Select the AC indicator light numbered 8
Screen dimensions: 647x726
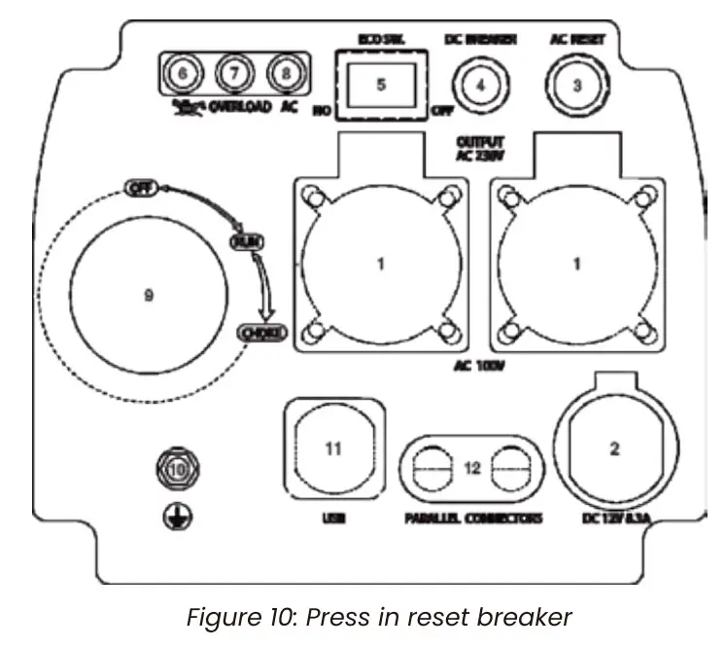point(286,73)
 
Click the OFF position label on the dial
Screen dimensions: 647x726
point(140,189)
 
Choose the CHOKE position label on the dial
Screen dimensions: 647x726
point(262,334)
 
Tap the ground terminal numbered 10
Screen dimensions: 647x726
point(177,469)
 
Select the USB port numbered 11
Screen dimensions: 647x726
point(333,449)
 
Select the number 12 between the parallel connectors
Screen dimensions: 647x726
point(472,468)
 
